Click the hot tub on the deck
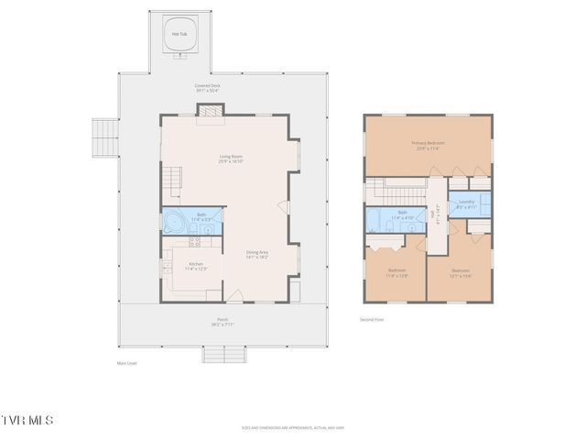pyautogui.click(x=180, y=36)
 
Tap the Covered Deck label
pyautogui.click(x=208, y=88)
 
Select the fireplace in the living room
pyautogui.click(x=211, y=111)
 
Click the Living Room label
pyautogui.click(x=231, y=159)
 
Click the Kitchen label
pyautogui.click(x=197, y=266)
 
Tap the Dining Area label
pyautogui.click(x=257, y=255)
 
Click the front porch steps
pyautogui.click(x=224, y=354)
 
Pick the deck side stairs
pyautogui.click(x=104, y=138)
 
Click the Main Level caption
pyautogui.click(x=126, y=364)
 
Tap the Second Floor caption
pyautogui.click(x=372, y=320)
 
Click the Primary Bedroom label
pyautogui.click(x=428, y=145)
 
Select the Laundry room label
pyautogui.click(x=466, y=203)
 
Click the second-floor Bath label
pyautogui.click(x=402, y=216)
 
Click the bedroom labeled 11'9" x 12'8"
pyautogui.click(x=396, y=272)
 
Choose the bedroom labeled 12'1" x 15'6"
pyautogui.click(x=461, y=272)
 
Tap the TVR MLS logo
pyautogui.click(x=27, y=420)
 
